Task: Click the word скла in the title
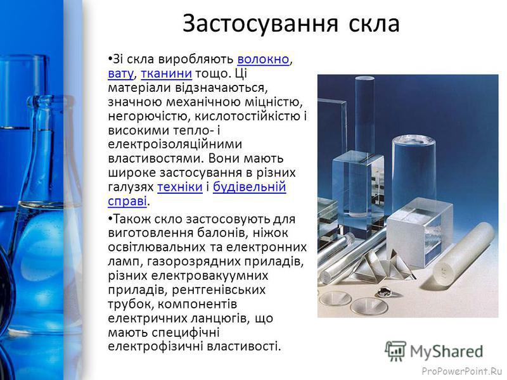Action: [x=374, y=24]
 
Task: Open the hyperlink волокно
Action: [x=263, y=59]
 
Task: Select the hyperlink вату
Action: [x=120, y=73]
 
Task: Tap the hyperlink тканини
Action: [x=167, y=73]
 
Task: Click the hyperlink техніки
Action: [x=180, y=187]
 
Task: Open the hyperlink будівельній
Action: [x=249, y=187]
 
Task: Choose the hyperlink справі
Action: [x=127, y=201]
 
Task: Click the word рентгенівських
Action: [x=219, y=290]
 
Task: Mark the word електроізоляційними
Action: [x=175, y=144]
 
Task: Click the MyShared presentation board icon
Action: [x=395, y=351]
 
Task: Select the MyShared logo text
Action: [x=446, y=351]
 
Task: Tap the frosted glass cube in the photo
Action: [x=420, y=232]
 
